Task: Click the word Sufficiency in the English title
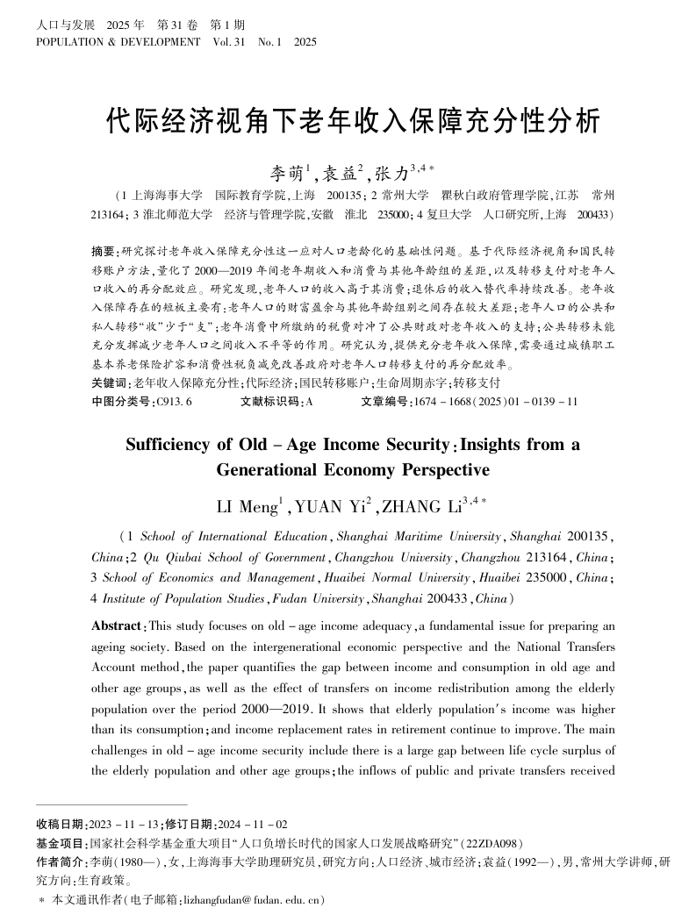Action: [x=175, y=445]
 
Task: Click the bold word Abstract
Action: [x=118, y=625]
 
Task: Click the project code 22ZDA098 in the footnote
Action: [x=495, y=841]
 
